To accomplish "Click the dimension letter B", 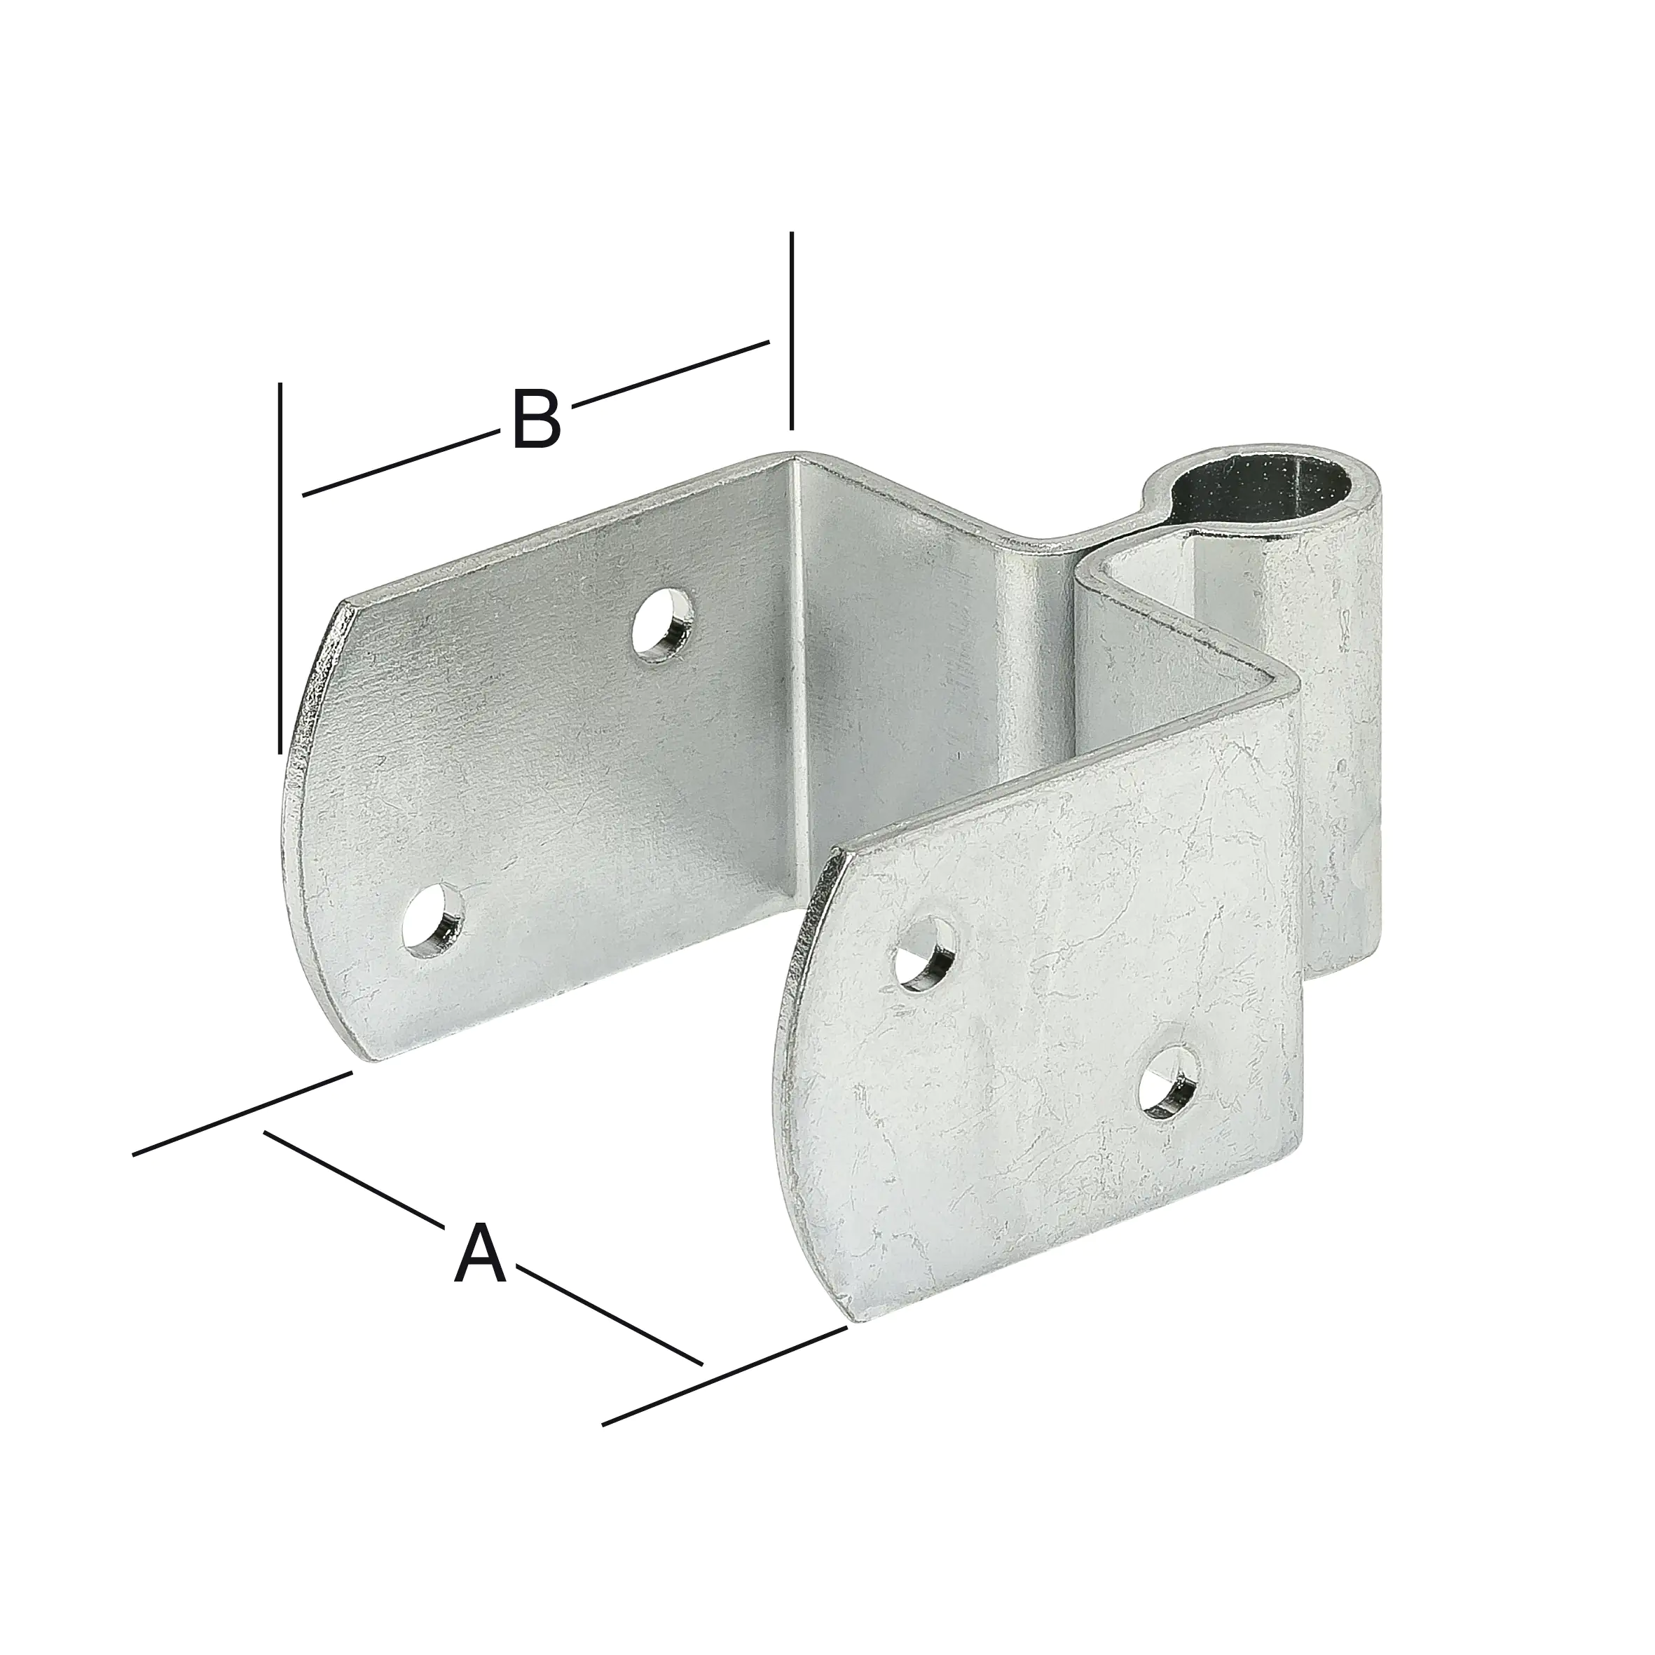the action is pyautogui.click(x=536, y=419).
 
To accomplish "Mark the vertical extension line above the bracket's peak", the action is pyautogui.click(x=792, y=330).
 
